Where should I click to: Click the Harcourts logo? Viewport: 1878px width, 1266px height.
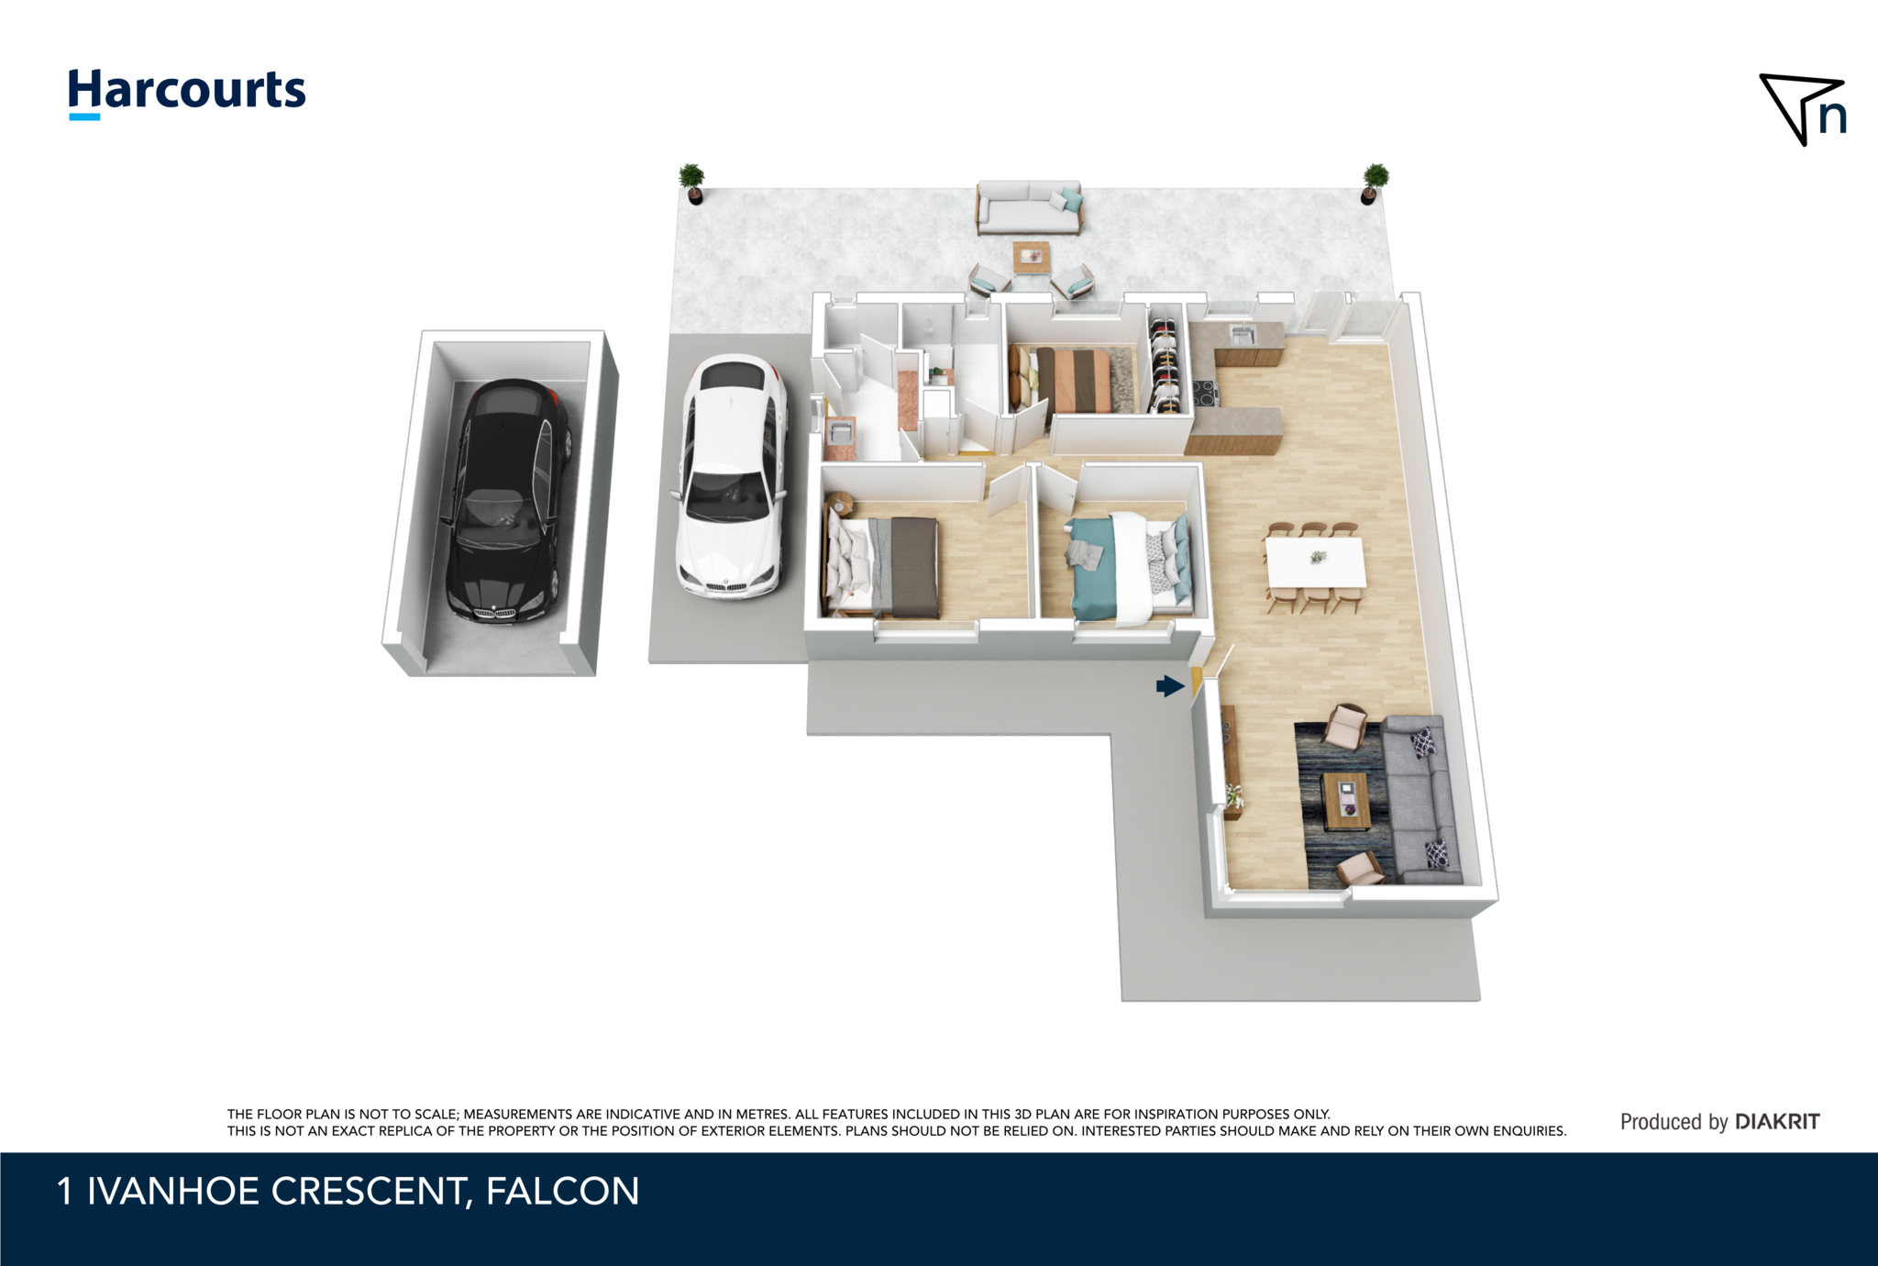pos(187,93)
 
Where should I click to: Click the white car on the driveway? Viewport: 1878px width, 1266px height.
pos(732,476)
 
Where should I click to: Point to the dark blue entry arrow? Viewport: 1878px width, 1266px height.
pos(1170,685)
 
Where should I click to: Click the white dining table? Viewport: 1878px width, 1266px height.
pos(1315,561)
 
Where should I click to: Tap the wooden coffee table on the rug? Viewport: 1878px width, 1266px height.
pos(1345,801)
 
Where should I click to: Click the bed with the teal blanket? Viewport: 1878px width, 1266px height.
pos(1130,566)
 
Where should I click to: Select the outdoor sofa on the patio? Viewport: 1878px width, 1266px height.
pos(1029,207)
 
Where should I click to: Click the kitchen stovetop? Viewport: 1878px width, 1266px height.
pos(1204,394)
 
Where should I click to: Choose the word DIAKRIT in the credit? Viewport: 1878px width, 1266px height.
pos(1777,1121)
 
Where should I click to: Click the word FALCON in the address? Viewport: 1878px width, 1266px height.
pos(562,1191)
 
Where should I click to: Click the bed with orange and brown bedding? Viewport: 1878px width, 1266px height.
pos(1069,379)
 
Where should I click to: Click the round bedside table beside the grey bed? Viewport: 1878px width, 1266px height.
pos(839,504)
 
